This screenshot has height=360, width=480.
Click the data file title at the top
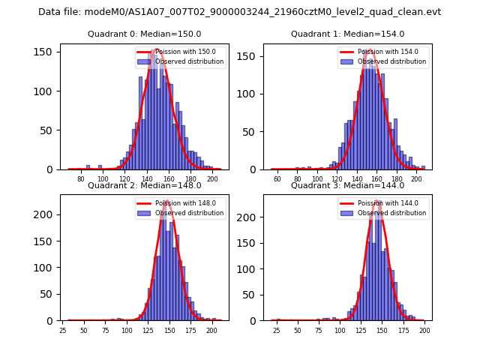tap(239, 12)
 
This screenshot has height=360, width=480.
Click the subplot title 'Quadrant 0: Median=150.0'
tap(144, 34)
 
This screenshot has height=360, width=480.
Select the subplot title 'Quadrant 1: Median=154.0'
tap(347, 34)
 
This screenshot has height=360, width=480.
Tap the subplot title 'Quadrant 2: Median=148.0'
tap(144, 185)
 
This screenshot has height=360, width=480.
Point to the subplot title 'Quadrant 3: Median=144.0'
tap(347, 185)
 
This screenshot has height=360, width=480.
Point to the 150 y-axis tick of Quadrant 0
tap(47, 52)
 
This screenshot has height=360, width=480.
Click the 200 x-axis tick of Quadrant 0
tap(213, 178)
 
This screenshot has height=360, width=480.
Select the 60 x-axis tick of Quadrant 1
tap(277, 178)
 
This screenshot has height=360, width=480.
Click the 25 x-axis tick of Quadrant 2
tap(62, 330)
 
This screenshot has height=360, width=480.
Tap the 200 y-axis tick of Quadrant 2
tap(47, 214)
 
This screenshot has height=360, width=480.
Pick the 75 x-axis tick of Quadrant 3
tap(319, 330)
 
